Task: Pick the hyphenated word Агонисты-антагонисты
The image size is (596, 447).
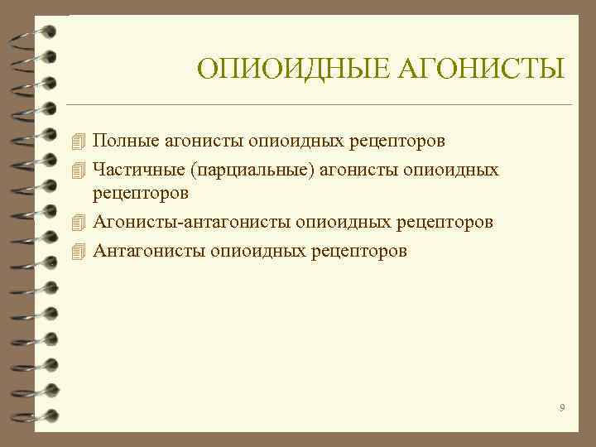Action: tap(192, 223)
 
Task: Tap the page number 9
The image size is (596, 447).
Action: tap(562, 407)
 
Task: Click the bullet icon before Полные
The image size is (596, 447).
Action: tap(79, 140)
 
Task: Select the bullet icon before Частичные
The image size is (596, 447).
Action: tap(79, 170)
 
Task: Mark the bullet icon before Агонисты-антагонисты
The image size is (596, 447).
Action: tap(79, 223)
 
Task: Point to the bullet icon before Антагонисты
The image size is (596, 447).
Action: tap(79, 250)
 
